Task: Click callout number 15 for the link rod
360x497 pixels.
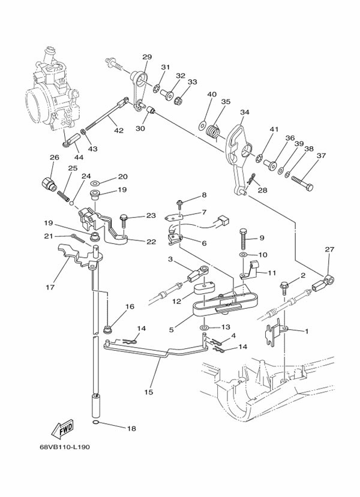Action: click(149, 392)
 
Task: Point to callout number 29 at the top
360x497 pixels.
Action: click(147, 57)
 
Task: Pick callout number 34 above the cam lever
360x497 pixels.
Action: click(244, 112)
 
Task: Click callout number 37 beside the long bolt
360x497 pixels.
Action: click(321, 156)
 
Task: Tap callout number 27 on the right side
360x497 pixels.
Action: click(329, 249)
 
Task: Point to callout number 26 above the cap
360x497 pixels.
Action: click(53, 158)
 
